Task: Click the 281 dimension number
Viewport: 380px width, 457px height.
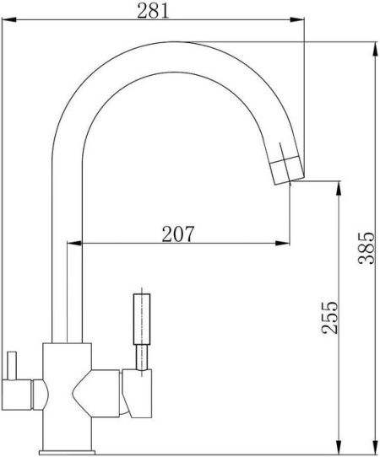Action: coord(153,11)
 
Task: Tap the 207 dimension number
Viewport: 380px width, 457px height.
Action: coord(177,234)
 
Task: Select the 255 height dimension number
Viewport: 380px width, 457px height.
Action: coord(330,317)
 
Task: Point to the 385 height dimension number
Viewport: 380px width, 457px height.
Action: coord(366,248)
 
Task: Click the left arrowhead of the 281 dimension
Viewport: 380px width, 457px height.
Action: coord(8,20)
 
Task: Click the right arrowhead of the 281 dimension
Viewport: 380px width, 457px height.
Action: coord(297,20)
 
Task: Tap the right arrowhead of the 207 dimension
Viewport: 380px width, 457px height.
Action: coord(283,243)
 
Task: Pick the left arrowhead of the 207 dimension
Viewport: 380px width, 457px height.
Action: coord(74,243)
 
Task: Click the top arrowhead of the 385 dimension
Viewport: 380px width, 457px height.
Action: coord(375,49)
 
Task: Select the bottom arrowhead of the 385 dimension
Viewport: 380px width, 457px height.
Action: coord(375,447)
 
